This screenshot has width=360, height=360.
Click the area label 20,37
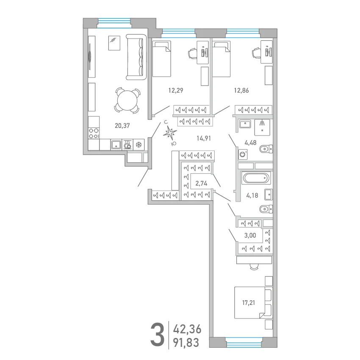pos(122,126)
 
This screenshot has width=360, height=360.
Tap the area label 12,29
pos(176,90)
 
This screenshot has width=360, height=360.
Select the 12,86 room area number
pos(241,90)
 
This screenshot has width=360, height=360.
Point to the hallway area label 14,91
pos(204,138)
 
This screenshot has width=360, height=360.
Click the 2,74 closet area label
pos(201,183)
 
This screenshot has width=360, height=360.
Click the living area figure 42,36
pos(187,329)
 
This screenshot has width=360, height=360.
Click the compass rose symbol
pos(170,133)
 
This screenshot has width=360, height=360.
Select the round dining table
pos(127,100)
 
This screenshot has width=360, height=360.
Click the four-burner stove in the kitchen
pos(94,133)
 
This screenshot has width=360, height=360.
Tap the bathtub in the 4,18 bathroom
pos(256,178)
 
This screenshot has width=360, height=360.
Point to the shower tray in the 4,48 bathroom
pos(262,127)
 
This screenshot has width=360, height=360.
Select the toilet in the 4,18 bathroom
pos(266,209)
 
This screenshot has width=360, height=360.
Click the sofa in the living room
pos(136,57)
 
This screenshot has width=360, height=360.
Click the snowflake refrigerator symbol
pos(138,145)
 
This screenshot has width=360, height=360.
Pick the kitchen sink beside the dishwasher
pos(116,145)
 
